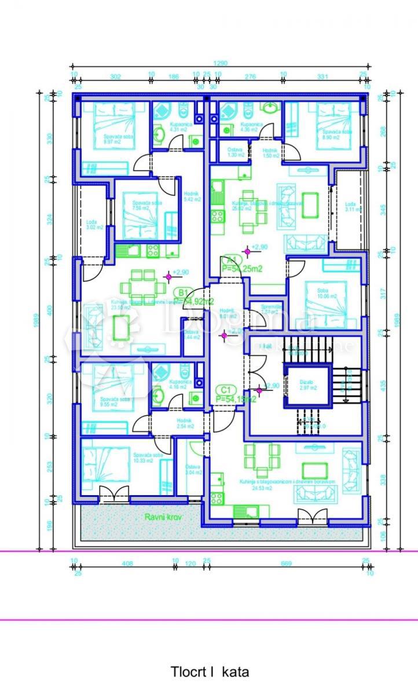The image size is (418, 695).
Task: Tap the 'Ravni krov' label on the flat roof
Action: pyautogui.click(x=160, y=517)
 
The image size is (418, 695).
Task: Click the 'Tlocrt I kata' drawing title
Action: pyautogui.click(x=210, y=672)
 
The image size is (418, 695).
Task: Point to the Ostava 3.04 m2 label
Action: pyautogui.click(x=192, y=470)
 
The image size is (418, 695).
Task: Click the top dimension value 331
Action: pyautogui.click(x=322, y=75)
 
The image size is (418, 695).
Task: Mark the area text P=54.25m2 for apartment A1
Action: pyautogui.click(x=243, y=268)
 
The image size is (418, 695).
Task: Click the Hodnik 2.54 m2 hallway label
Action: pyautogui.click(x=185, y=423)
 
